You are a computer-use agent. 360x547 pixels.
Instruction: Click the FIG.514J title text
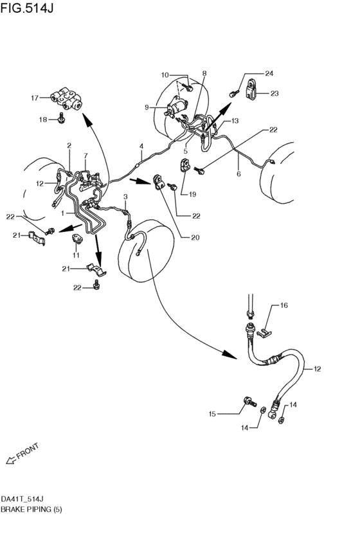click(27, 8)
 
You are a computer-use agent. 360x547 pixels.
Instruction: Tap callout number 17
click(35, 98)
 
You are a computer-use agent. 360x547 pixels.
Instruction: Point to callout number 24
click(269, 73)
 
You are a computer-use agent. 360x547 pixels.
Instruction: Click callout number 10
click(165, 75)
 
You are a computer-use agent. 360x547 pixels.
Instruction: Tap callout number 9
click(147, 107)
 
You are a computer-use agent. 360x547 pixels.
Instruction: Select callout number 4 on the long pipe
click(141, 146)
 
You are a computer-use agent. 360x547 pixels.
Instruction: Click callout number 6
click(239, 174)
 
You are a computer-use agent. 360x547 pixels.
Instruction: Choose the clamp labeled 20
click(159, 183)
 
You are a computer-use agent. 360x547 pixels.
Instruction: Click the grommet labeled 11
click(76, 239)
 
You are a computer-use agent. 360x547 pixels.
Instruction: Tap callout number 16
click(283, 305)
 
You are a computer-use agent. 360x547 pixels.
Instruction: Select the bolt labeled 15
click(249, 402)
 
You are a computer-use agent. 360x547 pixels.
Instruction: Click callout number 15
click(212, 414)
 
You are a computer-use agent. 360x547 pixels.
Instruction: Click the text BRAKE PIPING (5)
click(31, 509)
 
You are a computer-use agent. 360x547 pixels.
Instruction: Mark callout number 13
click(235, 121)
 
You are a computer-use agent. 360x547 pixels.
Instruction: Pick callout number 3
click(125, 197)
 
